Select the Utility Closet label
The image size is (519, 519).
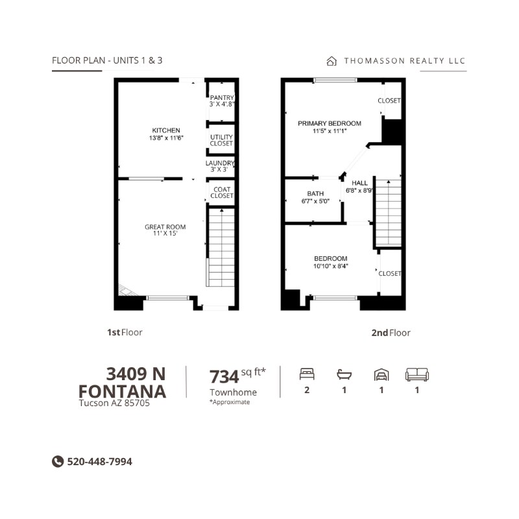point(221,140)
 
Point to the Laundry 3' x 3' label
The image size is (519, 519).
point(220,166)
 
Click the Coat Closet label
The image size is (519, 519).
point(222,192)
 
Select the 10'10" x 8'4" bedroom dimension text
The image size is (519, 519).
point(331,266)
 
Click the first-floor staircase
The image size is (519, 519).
point(221,247)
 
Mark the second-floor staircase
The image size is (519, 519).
point(388,213)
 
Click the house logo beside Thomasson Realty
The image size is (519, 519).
point(332,61)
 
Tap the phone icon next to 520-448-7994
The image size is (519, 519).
point(58,461)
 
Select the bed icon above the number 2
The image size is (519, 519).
point(307,374)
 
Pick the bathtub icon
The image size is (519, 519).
point(344,375)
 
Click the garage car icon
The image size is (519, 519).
point(381,375)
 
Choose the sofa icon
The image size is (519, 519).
point(417,374)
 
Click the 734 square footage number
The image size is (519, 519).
point(224,377)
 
